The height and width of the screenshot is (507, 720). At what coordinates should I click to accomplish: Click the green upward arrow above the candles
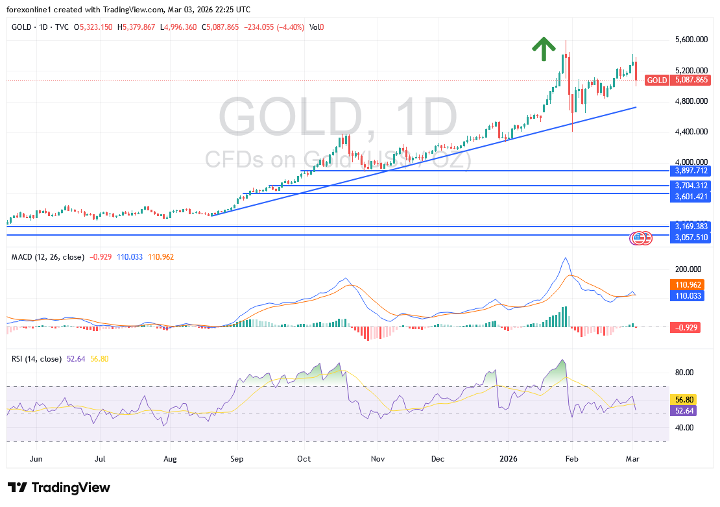[x=544, y=49]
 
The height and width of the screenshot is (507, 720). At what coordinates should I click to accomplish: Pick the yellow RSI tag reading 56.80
[x=685, y=400]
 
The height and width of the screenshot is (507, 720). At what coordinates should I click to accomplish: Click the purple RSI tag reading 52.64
[x=685, y=410]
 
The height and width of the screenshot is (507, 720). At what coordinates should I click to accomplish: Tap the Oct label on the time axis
[x=304, y=459]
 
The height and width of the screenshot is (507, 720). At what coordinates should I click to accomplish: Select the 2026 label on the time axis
[x=509, y=459]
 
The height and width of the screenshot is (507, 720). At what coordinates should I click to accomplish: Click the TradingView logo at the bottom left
[x=59, y=488]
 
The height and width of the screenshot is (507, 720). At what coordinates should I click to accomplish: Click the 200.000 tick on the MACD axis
[x=688, y=269]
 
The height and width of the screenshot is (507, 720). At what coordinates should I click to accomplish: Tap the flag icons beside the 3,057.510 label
[x=641, y=238]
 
